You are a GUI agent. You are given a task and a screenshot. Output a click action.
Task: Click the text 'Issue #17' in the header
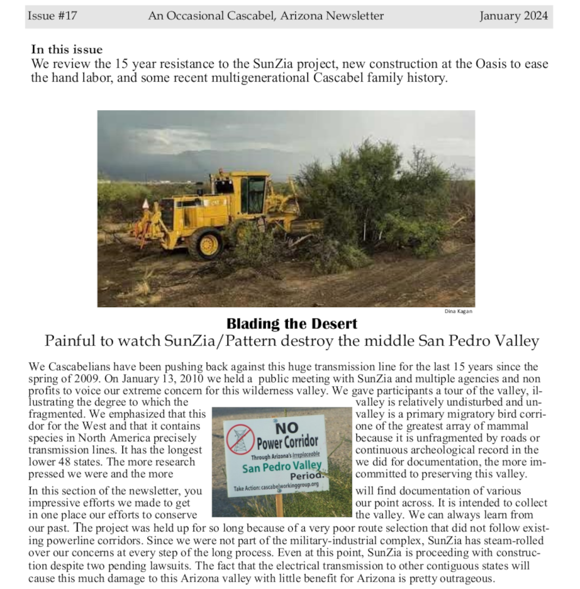coord(52,16)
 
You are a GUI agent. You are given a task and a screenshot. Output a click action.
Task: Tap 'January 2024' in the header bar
coord(514,16)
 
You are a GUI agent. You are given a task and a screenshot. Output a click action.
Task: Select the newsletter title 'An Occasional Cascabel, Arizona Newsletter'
coord(266,16)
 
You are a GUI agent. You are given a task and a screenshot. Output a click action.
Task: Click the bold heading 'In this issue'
coord(66,50)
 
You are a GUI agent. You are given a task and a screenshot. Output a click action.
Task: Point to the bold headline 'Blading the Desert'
coord(292,324)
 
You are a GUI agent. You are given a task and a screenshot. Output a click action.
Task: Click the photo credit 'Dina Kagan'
coord(458,311)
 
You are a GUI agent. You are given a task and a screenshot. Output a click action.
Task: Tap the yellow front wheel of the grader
coord(206,244)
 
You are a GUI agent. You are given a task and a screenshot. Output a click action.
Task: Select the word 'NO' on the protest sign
coord(287,428)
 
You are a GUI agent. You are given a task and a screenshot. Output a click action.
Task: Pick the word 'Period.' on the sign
coord(305,476)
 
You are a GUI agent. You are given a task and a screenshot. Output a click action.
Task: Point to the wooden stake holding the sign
coord(279,505)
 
